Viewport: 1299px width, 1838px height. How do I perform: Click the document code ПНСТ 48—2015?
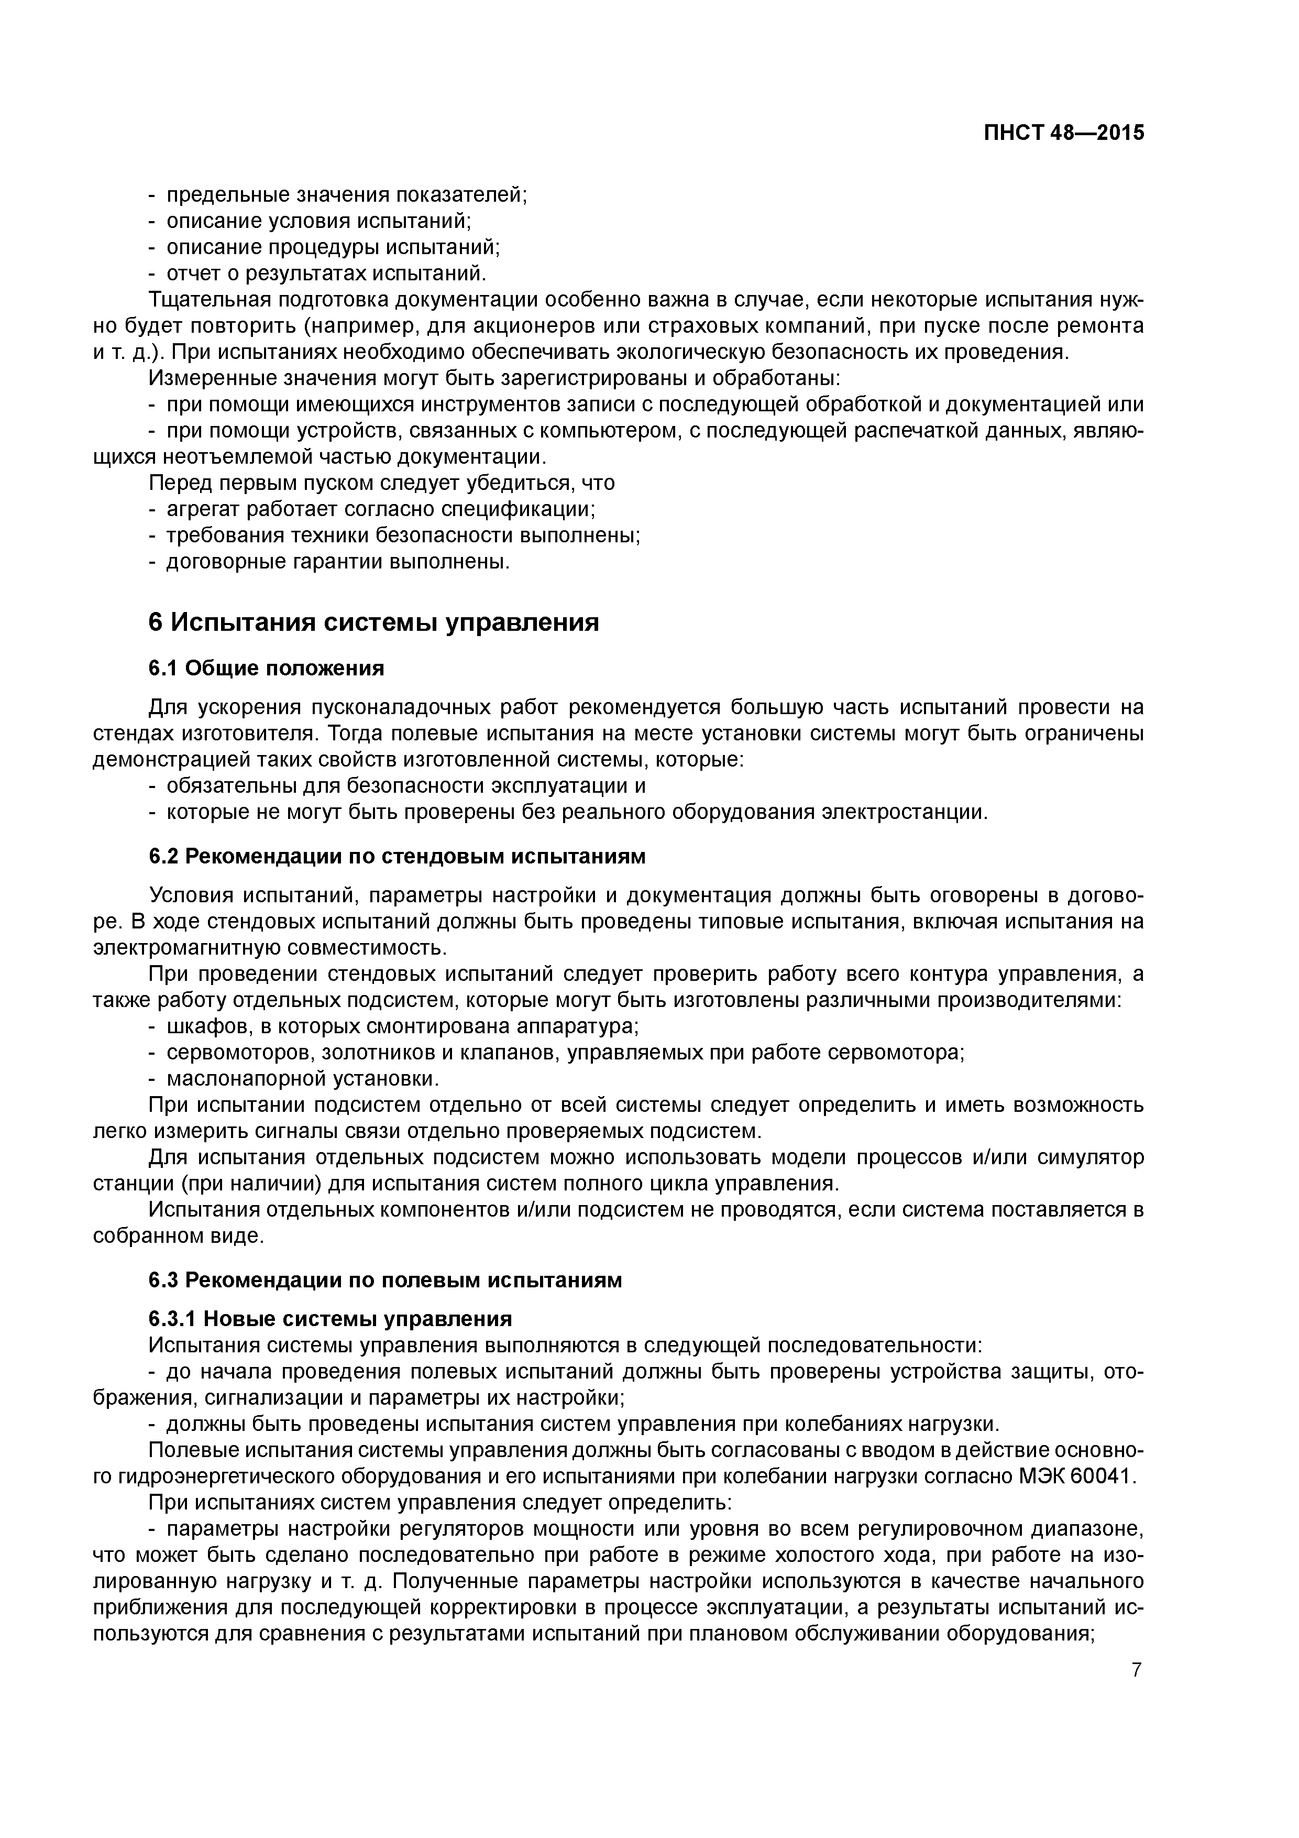1064,133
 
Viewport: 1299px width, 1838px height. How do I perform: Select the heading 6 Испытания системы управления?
374,622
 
